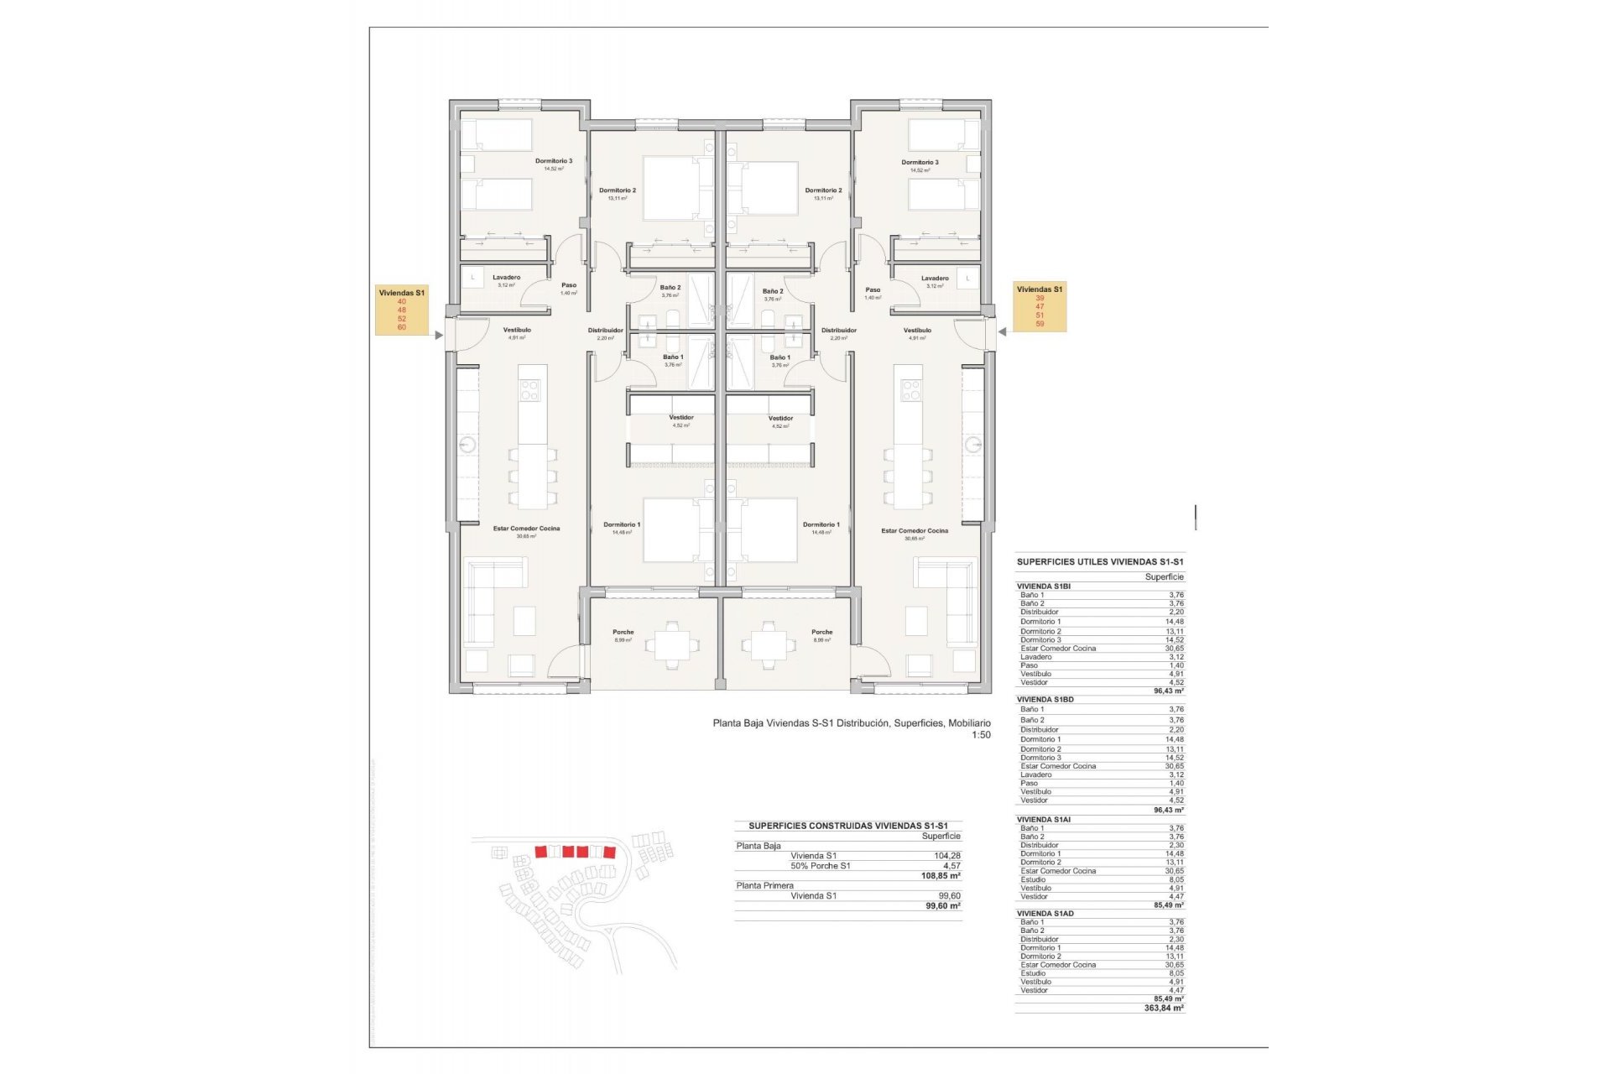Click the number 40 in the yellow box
402,301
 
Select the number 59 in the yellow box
1040,324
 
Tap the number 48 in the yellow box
402,310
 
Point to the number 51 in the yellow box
1040,315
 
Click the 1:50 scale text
981,735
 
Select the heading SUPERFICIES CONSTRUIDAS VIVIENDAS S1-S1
847,826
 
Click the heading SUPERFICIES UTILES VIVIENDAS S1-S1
1100,562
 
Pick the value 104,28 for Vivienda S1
946,856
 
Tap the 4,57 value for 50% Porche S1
951,866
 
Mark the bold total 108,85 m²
941,876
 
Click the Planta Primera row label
764,886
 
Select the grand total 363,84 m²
1164,1009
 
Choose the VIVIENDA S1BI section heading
1043,587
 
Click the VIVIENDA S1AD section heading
1045,914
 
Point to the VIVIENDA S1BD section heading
1045,699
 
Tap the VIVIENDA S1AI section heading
1043,820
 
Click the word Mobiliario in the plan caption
969,723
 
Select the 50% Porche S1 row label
820,866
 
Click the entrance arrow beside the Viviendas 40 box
439,335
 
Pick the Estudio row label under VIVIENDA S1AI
1033,879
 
